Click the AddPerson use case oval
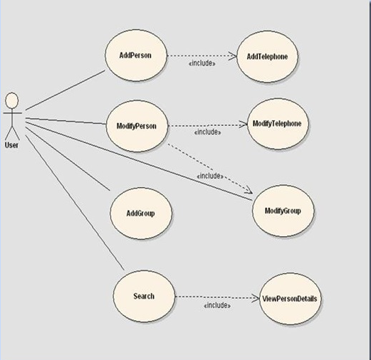(x=136, y=55)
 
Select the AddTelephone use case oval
(x=267, y=57)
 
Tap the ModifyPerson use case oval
(x=137, y=126)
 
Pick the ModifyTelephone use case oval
(x=278, y=124)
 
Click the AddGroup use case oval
(x=141, y=213)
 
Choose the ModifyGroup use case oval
(x=283, y=211)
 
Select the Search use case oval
(x=144, y=296)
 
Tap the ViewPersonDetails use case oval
(x=290, y=299)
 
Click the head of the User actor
(x=12, y=100)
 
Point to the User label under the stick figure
(x=11, y=145)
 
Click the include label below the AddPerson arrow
(x=202, y=63)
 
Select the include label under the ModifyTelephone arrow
(x=208, y=132)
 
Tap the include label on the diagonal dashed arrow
(x=210, y=176)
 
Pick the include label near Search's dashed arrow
(x=217, y=305)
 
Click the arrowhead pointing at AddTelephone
(x=233, y=56)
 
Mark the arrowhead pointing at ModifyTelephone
(x=243, y=124)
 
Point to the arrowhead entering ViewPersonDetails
(x=255, y=298)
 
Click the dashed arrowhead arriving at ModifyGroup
(x=249, y=190)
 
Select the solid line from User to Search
(x=75, y=203)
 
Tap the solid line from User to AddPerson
(x=66, y=90)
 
